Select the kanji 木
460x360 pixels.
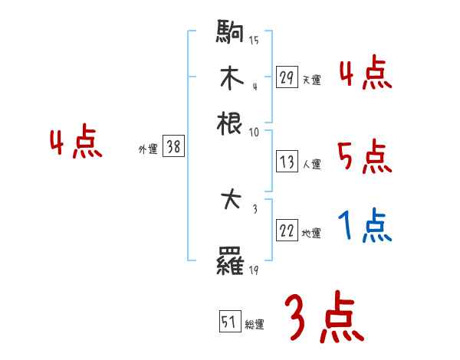230,80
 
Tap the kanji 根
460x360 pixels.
230,122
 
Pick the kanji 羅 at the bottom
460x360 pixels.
230,265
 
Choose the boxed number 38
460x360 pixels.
173,148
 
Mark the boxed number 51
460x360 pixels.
229,322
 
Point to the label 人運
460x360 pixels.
311,164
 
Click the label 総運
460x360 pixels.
255,324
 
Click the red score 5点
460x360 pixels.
365,158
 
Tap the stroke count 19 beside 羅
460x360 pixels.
253,270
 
